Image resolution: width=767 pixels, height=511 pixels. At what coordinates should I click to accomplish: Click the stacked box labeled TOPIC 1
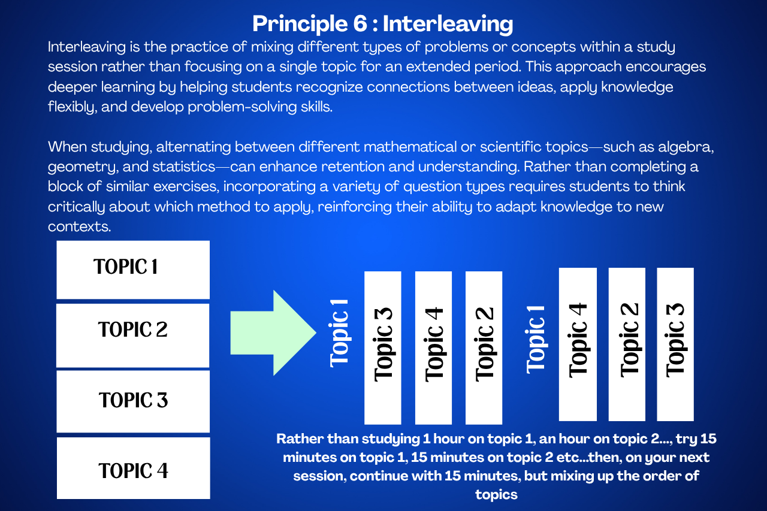click(x=133, y=270)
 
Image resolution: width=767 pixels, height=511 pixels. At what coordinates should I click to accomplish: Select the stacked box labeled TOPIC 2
click(x=133, y=335)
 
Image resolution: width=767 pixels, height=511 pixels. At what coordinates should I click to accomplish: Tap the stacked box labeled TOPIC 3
click(x=133, y=401)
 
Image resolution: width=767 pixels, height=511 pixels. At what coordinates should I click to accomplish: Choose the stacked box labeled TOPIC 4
click(x=134, y=468)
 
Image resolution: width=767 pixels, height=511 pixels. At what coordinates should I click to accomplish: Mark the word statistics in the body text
click(x=184, y=167)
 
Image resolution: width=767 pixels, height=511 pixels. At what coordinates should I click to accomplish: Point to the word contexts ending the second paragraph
click(x=80, y=226)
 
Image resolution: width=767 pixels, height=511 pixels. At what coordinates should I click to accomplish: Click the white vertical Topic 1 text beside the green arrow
click(x=339, y=334)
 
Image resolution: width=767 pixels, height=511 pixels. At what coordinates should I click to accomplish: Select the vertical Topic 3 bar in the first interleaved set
click(x=383, y=347)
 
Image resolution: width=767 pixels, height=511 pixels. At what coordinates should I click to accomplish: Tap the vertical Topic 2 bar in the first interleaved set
click(x=484, y=347)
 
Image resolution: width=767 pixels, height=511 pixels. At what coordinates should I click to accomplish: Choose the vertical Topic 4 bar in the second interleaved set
click(x=578, y=344)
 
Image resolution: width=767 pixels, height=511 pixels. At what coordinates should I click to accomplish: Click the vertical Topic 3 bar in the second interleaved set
click(x=675, y=344)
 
